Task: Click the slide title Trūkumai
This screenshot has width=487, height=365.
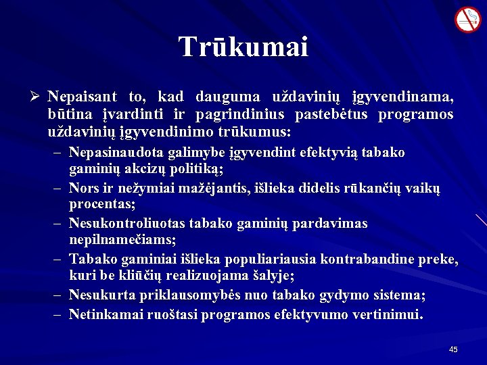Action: coord(243,47)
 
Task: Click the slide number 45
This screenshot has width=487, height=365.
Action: coord(453,349)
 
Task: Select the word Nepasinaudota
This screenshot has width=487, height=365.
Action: coord(111,153)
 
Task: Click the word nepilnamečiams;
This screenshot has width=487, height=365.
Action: coord(122,239)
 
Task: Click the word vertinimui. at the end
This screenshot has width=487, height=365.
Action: coord(390,314)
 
